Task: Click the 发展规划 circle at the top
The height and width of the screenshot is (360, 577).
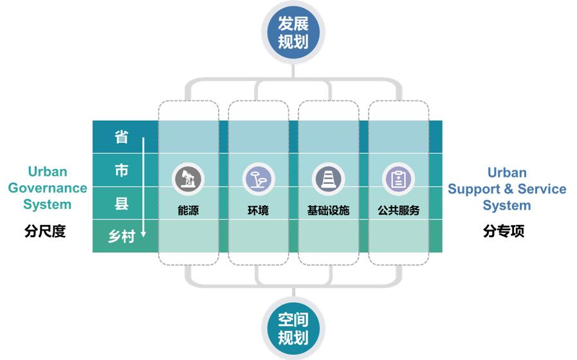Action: coord(293,33)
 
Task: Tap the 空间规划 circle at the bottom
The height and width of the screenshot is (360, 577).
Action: coord(293,328)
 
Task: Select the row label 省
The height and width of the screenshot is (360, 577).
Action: coord(121,137)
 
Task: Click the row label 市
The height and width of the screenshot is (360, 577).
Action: coord(121,170)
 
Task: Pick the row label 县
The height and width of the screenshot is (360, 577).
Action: coord(121,204)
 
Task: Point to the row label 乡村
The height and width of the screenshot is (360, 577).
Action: coord(121,237)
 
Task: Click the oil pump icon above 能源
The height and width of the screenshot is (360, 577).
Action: coord(188,179)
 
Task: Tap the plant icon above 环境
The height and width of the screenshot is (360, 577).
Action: coord(259,179)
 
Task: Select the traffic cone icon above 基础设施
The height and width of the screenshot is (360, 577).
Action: coord(328,179)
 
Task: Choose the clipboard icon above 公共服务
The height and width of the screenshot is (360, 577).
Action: coord(398,179)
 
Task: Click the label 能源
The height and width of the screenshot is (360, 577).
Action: coord(188,210)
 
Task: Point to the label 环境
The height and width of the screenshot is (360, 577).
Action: coord(259,210)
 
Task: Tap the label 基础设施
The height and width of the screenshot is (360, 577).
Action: coord(328,210)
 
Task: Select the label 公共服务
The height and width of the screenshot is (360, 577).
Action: coord(398,210)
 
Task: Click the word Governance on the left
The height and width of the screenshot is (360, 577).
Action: coord(48,188)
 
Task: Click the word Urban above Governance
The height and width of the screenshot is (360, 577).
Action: coord(48,172)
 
